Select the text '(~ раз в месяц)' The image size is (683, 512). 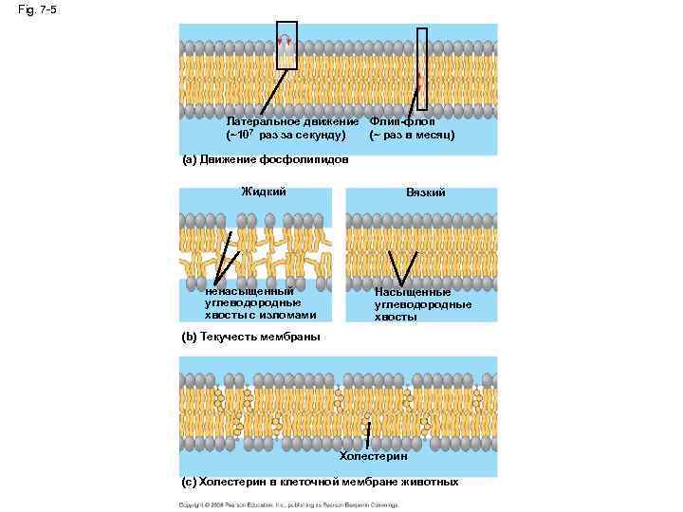(412, 135)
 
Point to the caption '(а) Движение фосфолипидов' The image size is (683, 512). (265, 159)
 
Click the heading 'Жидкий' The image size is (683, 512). (264, 192)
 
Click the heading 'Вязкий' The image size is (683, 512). (426, 192)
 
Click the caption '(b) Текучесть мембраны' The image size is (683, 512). (250, 337)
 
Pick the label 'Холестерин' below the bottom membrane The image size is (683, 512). (374, 456)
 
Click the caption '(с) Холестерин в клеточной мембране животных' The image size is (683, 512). (320, 482)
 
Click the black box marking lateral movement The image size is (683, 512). (286, 45)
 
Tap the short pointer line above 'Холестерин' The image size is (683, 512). (367, 439)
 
